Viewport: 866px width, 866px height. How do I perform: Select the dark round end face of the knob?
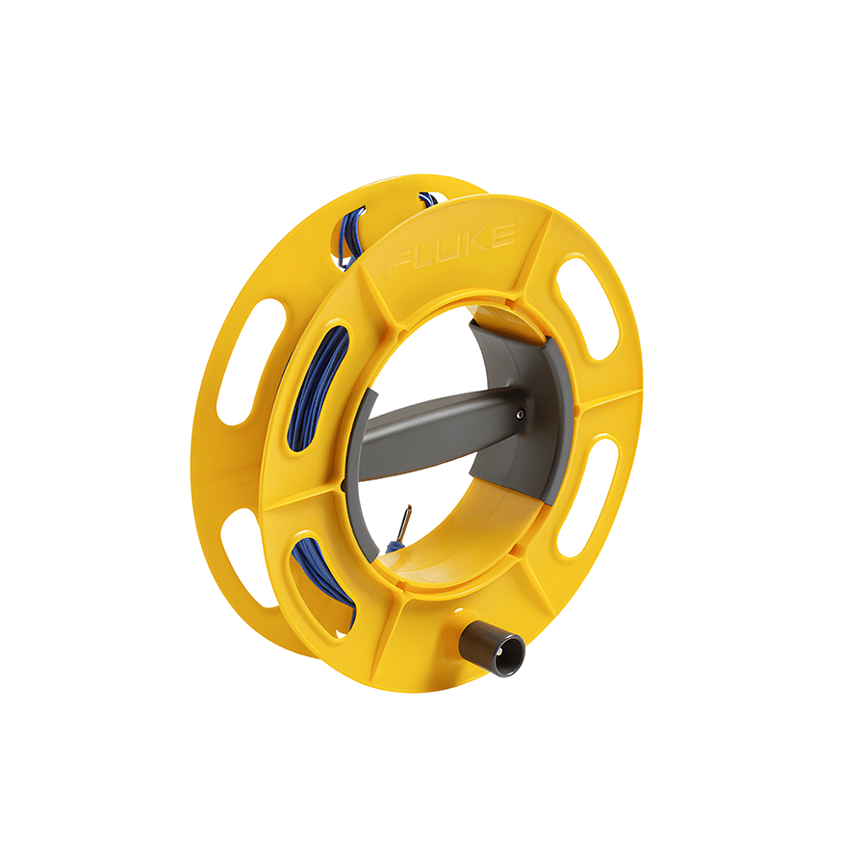coord(507,657)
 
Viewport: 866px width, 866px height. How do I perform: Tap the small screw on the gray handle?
coord(520,415)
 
